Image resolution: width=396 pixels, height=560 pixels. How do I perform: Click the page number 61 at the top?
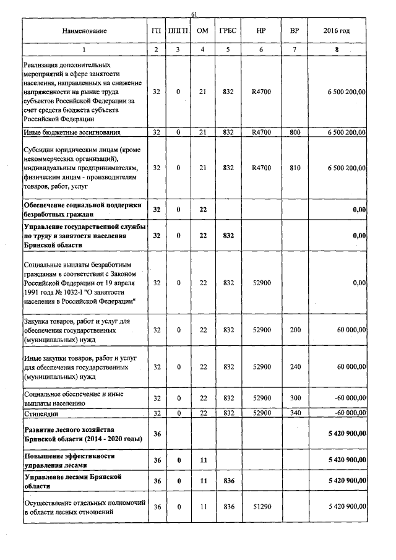(x=194, y=14)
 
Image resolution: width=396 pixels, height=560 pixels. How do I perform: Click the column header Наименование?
(x=85, y=31)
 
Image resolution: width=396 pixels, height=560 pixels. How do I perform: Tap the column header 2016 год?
(x=337, y=31)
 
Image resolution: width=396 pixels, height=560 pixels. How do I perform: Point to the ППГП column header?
(x=178, y=31)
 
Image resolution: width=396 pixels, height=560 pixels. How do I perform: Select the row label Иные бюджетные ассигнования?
(x=71, y=132)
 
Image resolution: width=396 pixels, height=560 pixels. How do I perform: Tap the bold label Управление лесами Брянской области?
(x=72, y=481)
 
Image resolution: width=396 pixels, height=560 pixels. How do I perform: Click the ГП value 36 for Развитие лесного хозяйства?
(x=157, y=434)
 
